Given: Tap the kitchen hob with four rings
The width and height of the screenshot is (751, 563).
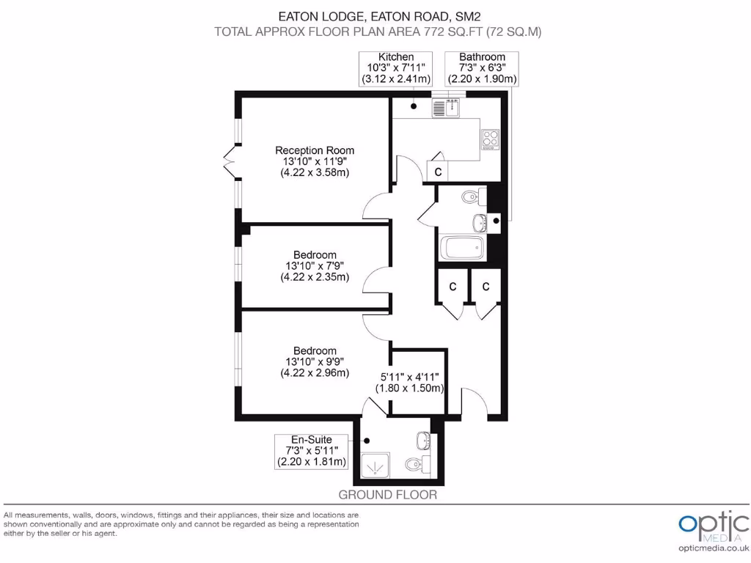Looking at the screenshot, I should point(489,139).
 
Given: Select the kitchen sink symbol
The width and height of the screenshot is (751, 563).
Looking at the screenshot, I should point(445,108).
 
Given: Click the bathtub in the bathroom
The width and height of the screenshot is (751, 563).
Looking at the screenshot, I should point(462,249).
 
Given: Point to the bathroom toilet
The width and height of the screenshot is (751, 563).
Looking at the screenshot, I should point(474,196).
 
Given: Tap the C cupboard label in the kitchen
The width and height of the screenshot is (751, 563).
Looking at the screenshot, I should point(438,172).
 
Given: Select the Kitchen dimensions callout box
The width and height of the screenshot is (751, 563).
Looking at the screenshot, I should point(396,68).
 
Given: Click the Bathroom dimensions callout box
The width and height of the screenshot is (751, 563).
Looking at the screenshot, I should point(482,68).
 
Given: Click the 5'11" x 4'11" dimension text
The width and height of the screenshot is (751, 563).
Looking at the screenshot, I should point(411,383).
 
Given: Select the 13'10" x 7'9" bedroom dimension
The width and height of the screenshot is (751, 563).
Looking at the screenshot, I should point(315,266).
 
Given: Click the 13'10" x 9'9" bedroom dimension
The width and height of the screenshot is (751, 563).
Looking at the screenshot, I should point(315,361).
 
